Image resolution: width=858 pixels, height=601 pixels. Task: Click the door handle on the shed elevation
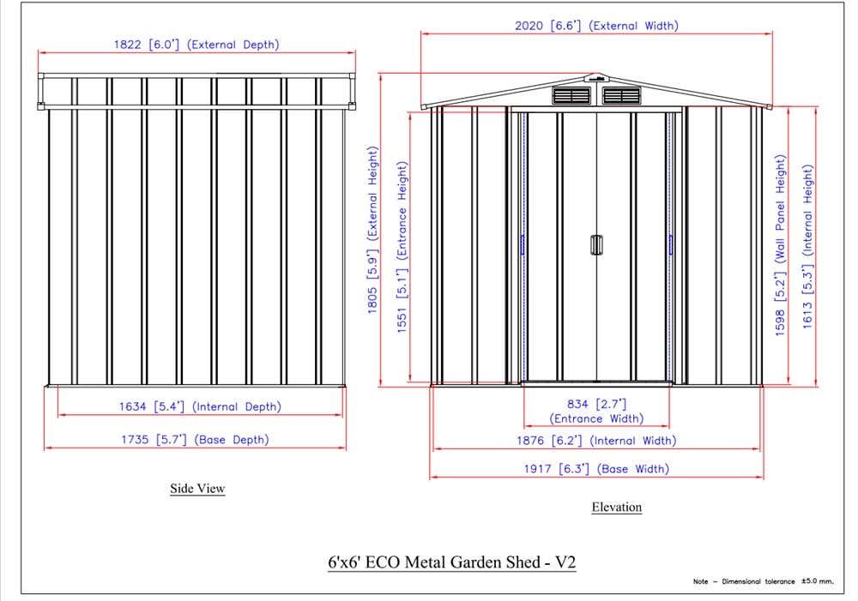[596, 245]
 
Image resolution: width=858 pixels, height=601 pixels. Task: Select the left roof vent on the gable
[571, 95]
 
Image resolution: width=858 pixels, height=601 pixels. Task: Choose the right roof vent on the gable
[621, 95]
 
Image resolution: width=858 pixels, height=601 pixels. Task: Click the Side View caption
[197, 489]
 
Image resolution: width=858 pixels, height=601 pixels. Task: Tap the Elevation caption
[617, 507]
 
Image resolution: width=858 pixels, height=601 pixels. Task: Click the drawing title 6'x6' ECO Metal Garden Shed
[452, 562]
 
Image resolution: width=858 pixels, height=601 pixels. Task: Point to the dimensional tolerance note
[764, 581]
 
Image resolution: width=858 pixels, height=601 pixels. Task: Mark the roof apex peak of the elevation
[597, 73]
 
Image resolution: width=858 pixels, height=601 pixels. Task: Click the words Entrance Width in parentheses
[596, 418]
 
